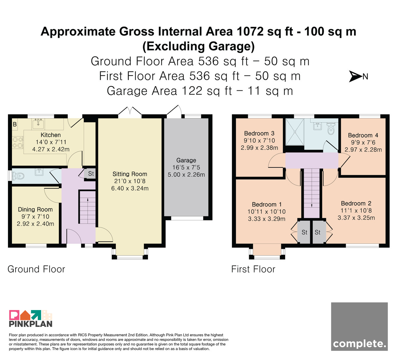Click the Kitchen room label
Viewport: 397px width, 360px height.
point(51,135)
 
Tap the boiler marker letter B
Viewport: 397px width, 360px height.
point(15,124)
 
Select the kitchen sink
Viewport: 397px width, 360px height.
point(38,124)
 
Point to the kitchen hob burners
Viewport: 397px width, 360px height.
point(18,143)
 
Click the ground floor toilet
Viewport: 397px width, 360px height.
point(18,176)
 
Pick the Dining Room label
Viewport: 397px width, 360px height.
point(35,209)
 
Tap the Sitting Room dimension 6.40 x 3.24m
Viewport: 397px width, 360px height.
point(130,188)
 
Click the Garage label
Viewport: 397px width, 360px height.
point(186,160)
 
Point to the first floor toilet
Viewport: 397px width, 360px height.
point(331,129)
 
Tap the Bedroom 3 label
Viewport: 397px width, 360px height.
point(259,133)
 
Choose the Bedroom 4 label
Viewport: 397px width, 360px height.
point(363,135)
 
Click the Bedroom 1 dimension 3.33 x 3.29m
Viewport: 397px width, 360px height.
point(267,219)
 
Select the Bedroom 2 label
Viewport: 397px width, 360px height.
point(356,203)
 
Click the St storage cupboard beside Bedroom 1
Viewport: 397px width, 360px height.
point(304,232)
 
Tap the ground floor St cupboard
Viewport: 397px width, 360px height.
point(91,174)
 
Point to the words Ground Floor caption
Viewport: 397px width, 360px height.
point(36,269)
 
